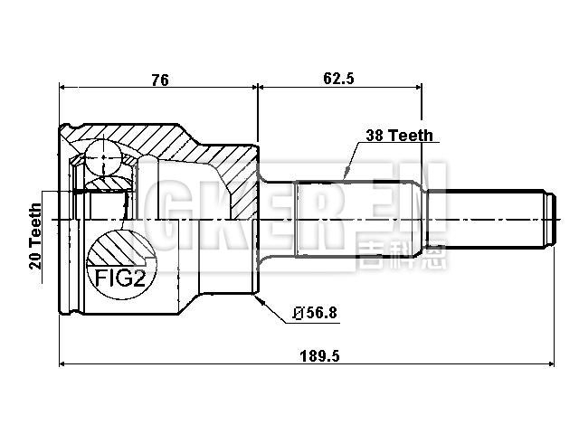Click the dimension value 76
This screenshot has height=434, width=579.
tap(158, 79)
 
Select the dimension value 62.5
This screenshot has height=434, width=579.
tap(338, 79)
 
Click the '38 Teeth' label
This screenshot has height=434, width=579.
tap(399, 137)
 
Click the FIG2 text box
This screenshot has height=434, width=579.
tap(115, 278)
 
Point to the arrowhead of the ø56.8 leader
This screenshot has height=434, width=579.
tap(260, 297)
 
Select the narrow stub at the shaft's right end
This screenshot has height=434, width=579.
tap(548, 220)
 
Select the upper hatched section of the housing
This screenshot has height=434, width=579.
tap(181, 145)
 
